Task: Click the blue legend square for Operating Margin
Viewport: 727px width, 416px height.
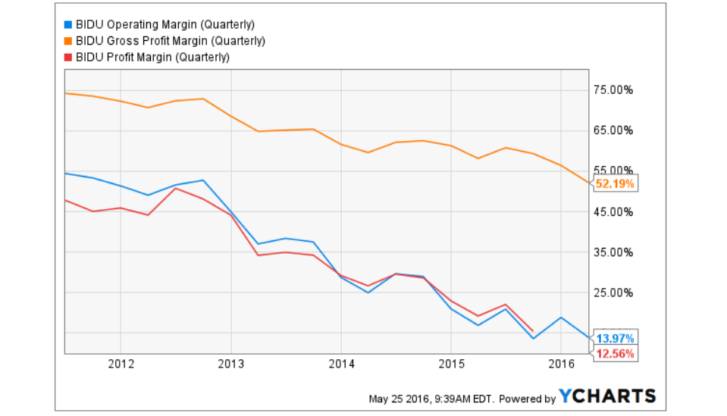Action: [68, 23]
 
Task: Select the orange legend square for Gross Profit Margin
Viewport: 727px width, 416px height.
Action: [68, 40]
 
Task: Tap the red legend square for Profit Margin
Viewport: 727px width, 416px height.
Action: [68, 57]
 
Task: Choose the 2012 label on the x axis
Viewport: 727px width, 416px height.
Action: [121, 363]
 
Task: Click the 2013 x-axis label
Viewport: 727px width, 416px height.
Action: [231, 363]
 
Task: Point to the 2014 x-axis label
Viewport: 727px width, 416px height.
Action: [341, 363]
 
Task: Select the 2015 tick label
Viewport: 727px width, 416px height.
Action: [451, 363]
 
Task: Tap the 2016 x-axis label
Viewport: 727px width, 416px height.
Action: [560, 363]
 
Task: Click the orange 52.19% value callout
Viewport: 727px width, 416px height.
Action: [615, 183]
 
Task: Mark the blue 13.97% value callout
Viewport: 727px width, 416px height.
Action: [615, 338]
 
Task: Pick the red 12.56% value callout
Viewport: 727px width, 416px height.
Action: [615, 353]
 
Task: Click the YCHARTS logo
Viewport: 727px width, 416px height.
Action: [607, 396]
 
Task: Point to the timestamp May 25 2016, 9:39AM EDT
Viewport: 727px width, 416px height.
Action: [430, 399]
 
